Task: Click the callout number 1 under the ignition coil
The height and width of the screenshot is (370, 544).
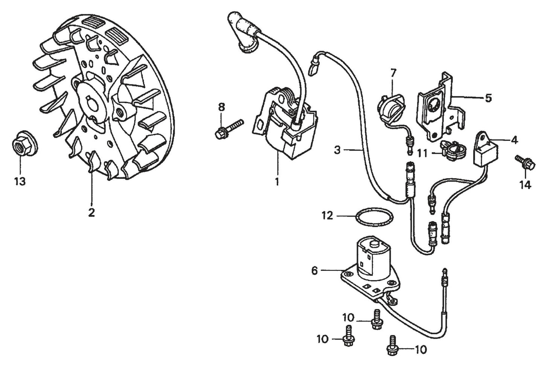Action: pyautogui.click(x=277, y=182)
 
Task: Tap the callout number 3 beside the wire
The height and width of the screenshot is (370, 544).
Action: pyautogui.click(x=337, y=150)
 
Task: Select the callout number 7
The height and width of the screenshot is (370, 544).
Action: pyautogui.click(x=393, y=72)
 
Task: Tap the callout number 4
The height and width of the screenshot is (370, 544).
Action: pyautogui.click(x=514, y=140)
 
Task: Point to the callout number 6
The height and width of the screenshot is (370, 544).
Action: pyautogui.click(x=315, y=270)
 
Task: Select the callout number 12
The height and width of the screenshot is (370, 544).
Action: pyautogui.click(x=327, y=216)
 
